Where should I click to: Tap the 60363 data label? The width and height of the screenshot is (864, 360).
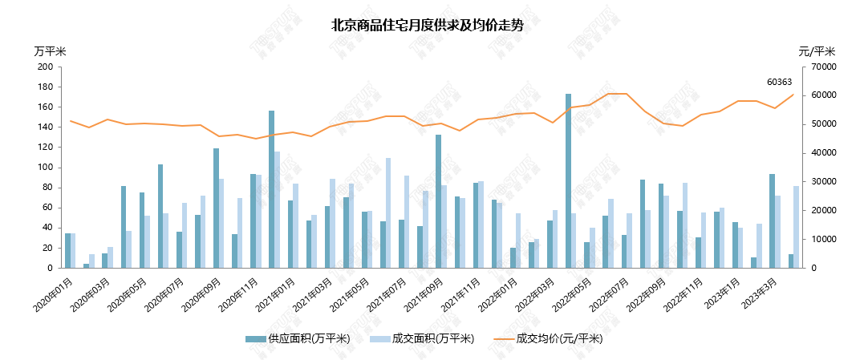[x=779, y=82]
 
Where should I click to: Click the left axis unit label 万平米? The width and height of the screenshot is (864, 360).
[x=51, y=51]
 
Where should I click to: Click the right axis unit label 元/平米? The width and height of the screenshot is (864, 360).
[x=817, y=51]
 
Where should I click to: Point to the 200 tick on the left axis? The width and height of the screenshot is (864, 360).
[x=45, y=67]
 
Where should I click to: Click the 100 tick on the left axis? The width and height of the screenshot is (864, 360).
[x=45, y=168]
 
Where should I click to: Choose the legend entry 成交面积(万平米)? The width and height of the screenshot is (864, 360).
[x=428, y=338]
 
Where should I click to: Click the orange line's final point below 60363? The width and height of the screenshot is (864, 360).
[x=793, y=95]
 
